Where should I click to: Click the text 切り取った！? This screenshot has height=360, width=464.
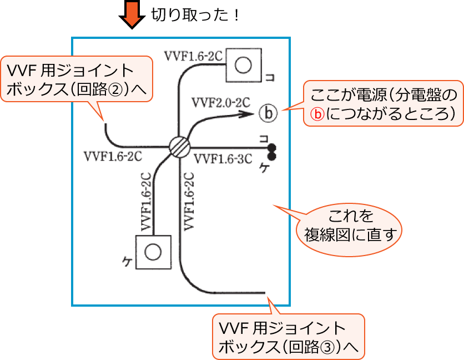[195, 14]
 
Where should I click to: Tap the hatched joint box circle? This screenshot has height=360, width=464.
[179, 147]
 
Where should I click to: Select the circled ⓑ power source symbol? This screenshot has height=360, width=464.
[267, 114]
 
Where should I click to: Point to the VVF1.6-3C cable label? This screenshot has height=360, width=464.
[223, 159]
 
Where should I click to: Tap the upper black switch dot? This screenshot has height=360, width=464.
[272, 147]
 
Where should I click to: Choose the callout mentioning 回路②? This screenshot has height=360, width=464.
[77, 79]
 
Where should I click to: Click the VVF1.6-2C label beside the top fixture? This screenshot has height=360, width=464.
[194, 55]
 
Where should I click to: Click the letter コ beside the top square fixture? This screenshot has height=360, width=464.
[269, 77]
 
